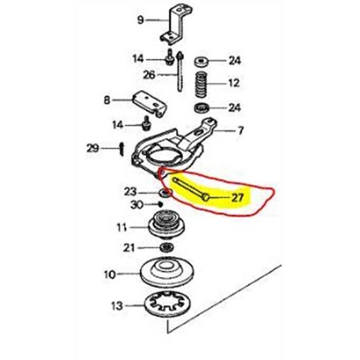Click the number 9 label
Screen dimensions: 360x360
click(140, 19)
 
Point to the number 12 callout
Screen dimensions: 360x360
click(233, 83)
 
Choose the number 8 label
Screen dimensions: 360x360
click(107, 101)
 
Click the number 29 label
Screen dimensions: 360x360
click(92, 148)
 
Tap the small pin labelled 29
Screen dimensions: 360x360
click(122, 148)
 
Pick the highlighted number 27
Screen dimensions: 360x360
click(236, 198)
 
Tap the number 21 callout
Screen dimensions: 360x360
click(129, 247)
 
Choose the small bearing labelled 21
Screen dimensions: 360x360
click(166, 247)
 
